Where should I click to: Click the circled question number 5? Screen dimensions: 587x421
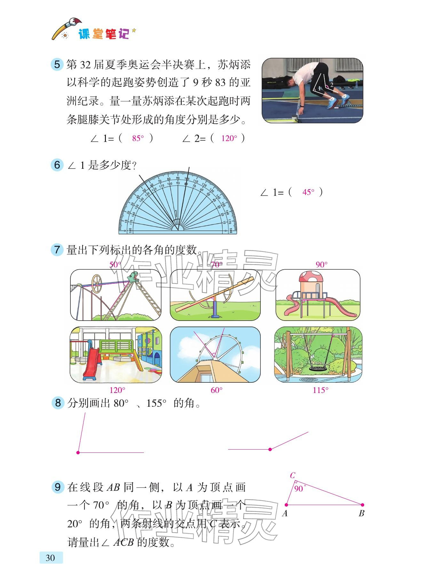pyautogui.click(x=57, y=65)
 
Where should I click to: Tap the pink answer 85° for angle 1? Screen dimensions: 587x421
pyautogui.click(x=138, y=138)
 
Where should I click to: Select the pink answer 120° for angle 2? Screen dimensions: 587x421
pyautogui.click(x=229, y=138)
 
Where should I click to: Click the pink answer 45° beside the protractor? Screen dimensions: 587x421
pyautogui.click(x=308, y=192)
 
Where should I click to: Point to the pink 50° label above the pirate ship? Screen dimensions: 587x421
pyautogui.click(x=115, y=265)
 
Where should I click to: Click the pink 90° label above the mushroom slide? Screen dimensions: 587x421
pyautogui.click(x=322, y=265)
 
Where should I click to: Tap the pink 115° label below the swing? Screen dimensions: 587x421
pyautogui.click(x=320, y=390)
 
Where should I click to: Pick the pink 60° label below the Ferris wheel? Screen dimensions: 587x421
pyautogui.click(x=217, y=390)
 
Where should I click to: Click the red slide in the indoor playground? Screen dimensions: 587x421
pyautogui.click(x=92, y=362)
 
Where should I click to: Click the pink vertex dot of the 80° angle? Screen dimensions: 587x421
pyautogui.click(x=78, y=452)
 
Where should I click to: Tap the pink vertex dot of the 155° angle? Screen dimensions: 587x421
pyautogui.click(x=270, y=449)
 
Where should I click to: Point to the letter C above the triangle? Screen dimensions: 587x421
pyautogui.click(x=292, y=476)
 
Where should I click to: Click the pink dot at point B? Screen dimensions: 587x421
pyautogui.click(x=362, y=505)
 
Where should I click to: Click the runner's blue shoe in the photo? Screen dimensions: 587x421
pyautogui.click(x=334, y=102)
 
